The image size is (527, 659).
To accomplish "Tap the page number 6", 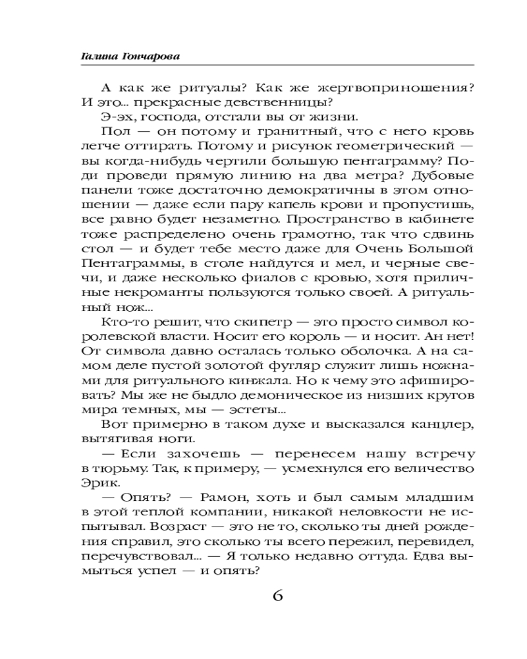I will click(x=277, y=595).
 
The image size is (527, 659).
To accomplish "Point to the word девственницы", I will click(x=285, y=103).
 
